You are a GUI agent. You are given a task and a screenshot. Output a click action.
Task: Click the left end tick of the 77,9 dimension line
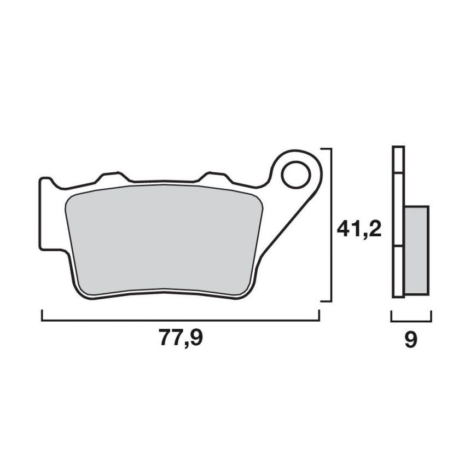42,316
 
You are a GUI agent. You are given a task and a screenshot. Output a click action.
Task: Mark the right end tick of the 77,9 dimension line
319,316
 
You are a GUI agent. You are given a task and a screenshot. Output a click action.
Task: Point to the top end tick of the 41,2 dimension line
326,148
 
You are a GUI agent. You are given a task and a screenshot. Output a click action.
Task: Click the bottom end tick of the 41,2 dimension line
326,300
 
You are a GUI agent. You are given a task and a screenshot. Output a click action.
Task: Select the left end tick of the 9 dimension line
391,316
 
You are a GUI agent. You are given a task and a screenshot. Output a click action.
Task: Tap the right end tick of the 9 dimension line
431,316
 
